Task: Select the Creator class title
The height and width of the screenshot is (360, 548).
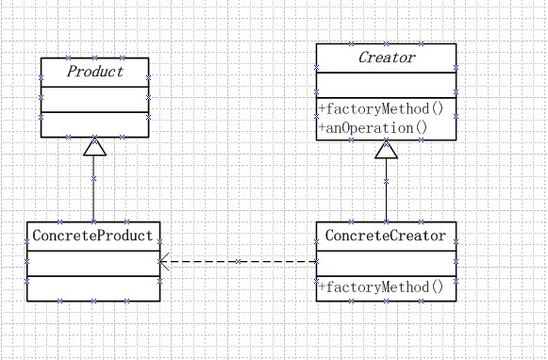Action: click(x=386, y=57)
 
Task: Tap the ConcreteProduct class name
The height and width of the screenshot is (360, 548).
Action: click(x=93, y=234)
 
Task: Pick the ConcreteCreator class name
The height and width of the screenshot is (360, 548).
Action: click(x=386, y=234)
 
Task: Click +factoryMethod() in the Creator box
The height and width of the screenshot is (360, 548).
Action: click(x=380, y=109)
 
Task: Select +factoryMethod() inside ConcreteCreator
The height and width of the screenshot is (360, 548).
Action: click(x=380, y=287)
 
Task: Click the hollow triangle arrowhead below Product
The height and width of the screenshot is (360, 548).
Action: click(x=93, y=147)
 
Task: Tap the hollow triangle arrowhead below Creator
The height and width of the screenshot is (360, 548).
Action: click(x=386, y=149)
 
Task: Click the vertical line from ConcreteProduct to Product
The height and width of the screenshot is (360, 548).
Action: click(x=93, y=188)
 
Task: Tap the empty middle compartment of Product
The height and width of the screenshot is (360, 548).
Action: click(x=94, y=100)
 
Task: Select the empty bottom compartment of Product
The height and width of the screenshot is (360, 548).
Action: click(x=94, y=125)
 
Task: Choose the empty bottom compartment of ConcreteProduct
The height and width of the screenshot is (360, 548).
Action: click(x=93, y=288)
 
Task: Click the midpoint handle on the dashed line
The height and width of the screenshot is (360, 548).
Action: click(x=239, y=261)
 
